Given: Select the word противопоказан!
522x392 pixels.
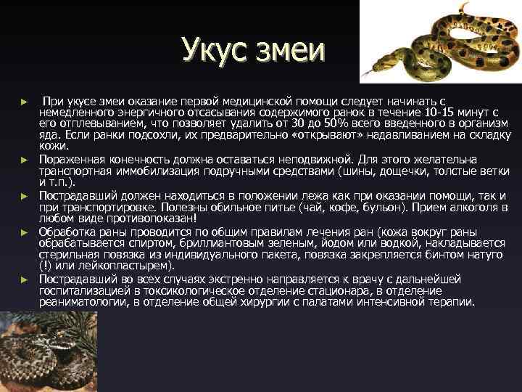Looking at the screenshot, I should [154, 219].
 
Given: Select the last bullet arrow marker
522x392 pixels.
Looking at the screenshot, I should [24, 279].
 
